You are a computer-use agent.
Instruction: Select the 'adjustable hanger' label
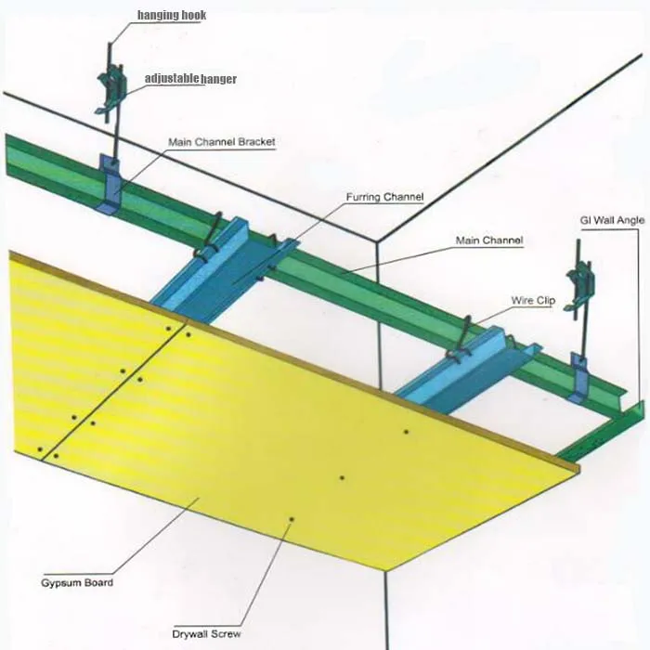coord(190,79)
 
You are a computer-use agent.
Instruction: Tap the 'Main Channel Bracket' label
coord(221,142)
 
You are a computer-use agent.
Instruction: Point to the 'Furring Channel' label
coord(384,197)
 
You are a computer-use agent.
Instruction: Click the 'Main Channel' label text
coord(489,240)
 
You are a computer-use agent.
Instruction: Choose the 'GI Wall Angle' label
coord(607,219)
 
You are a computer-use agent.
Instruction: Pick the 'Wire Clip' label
coord(533,301)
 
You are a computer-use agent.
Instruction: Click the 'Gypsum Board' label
coord(77,583)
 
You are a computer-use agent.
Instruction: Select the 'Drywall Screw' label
coord(207,633)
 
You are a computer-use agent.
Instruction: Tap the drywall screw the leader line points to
coord(292,519)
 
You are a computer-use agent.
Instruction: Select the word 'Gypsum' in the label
coord(60,583)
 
